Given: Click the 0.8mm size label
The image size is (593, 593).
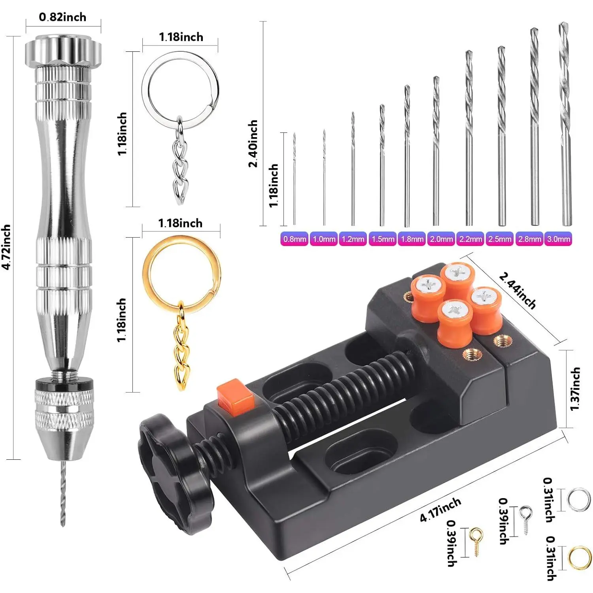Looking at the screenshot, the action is click(294, 239).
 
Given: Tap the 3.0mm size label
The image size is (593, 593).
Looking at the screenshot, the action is click(558, 239).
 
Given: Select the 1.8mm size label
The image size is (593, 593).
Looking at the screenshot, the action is click(412, 239).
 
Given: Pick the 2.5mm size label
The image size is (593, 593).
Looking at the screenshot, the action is click(499, 239).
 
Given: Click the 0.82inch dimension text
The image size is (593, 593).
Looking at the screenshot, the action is click(62, 17).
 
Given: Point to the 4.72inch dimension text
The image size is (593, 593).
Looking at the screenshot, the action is click(6, 247).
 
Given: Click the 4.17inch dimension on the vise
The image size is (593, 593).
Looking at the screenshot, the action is click(440, 510).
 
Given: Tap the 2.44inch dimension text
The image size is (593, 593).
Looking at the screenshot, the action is click(517, 290).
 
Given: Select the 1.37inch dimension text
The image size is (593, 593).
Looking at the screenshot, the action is click(575, 389).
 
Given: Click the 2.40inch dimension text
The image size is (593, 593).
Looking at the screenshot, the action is click(253, 144).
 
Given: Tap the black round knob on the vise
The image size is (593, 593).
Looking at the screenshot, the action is click(174, 472).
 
